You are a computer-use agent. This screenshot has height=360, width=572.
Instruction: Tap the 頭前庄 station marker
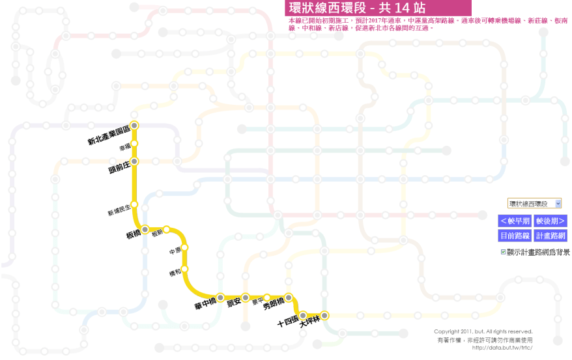point(135,161)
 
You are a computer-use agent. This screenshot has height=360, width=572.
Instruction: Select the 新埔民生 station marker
point(135,204)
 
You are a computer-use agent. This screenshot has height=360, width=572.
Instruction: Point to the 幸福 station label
point(125,148)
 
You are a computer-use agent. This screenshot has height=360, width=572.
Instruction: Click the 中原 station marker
point(184,247)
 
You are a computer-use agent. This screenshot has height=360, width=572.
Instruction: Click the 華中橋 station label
point(207,307)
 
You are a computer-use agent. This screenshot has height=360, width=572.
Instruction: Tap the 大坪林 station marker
point(324,315)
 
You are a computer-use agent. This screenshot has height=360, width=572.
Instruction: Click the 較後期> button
point(551,221)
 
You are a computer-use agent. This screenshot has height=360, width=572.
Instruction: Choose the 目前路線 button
point(515,236)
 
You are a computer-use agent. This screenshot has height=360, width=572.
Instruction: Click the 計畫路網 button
point(551,236)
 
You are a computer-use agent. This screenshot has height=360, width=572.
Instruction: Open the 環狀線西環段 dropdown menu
point(534,204)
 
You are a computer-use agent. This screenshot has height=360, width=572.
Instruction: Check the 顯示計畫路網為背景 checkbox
point(503,252)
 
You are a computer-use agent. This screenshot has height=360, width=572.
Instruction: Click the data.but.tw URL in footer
point(502,347)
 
